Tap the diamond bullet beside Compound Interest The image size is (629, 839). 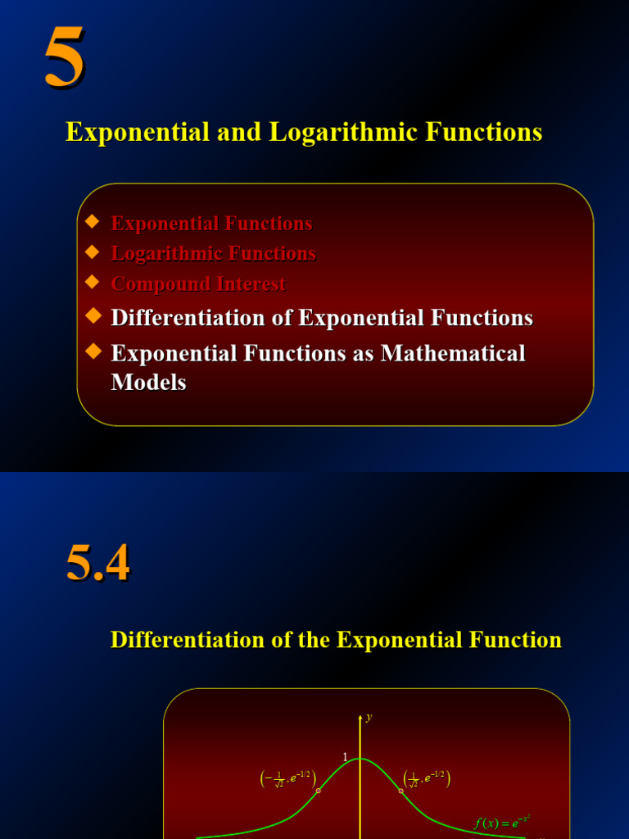[x=93, y=282]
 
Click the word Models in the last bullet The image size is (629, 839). [x=148, y=382]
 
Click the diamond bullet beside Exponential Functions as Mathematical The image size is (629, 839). [x=93, y=351]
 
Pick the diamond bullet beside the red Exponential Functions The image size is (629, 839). [x=93, y=221]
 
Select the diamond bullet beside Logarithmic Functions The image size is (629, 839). [x=93, y=252]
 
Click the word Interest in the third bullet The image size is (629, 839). [x=247, y=284]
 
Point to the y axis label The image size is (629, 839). [x=369, y=717]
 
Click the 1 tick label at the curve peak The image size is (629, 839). [x=346, y=756]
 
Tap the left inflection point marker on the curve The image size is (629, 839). [x=319, y=791]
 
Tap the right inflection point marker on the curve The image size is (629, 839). [x=401, y=791]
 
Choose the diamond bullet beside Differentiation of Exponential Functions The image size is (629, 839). [x=93, y=315]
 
